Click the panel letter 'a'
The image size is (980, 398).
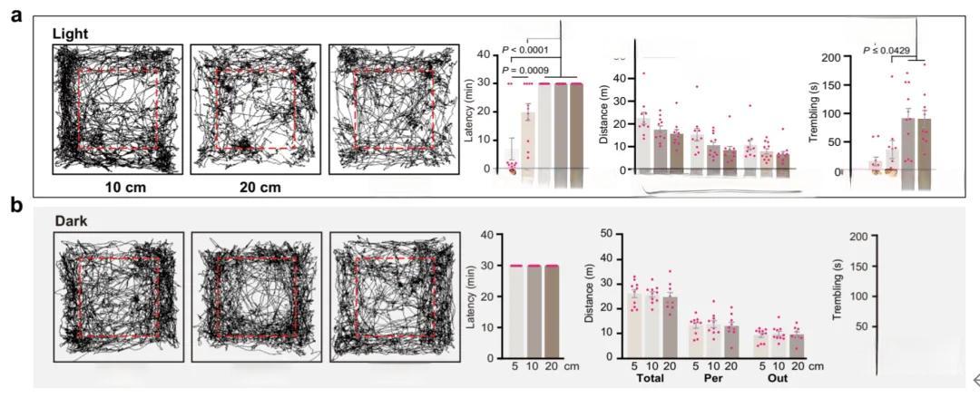coord(16,15)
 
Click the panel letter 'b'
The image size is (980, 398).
coord(16,206)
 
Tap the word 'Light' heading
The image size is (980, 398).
coord(72,34)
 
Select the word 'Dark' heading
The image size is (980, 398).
coord(69,219)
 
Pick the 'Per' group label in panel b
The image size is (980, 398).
coord(713,376)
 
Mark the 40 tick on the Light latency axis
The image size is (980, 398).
coord(493,55)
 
